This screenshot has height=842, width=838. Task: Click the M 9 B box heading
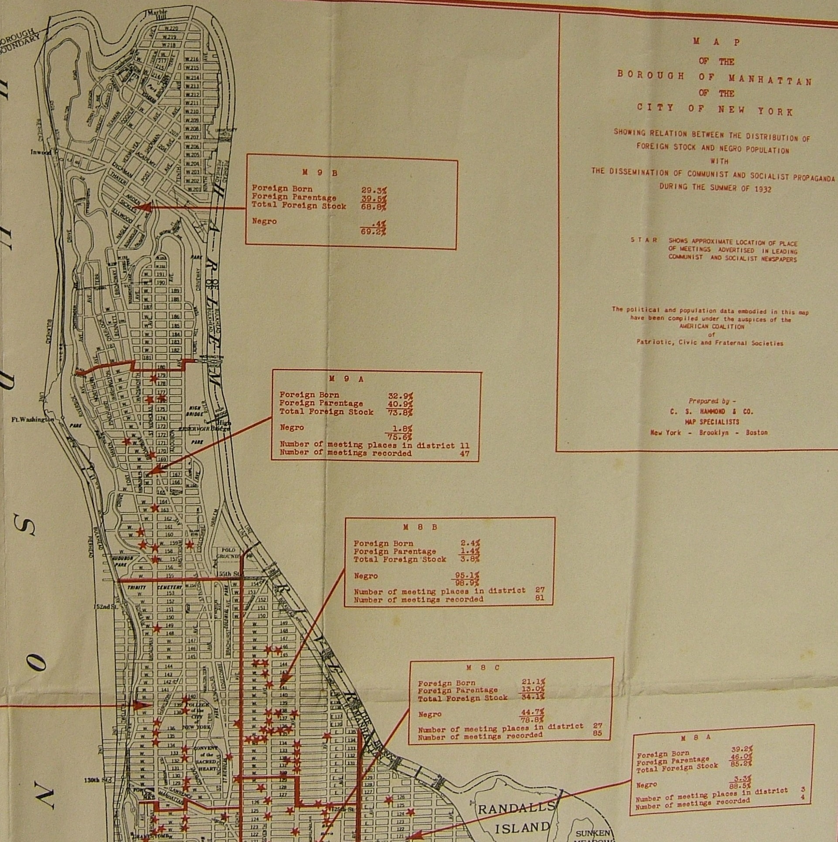pyautogui.click(x=320, y=173)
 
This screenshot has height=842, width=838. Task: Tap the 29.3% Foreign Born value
pyautogui.click(x=374, y=190)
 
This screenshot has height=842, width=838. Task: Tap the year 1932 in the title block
pyautogui.click(x=760, y=189)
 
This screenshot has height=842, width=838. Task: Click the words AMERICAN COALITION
pyautogui.click(x=711, y=327)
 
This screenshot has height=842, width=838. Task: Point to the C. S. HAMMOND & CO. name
pyautogui.click(x=712, y=411)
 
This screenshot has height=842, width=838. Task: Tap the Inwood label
pyautogui.click(x=41, y=152)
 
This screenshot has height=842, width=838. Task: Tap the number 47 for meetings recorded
pyautogui.click(x=464, y=453)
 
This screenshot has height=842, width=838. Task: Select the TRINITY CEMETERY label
pyautogui.click(x=150, y=588)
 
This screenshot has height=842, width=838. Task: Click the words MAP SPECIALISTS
pyautogui.click(x=711, y=422)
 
